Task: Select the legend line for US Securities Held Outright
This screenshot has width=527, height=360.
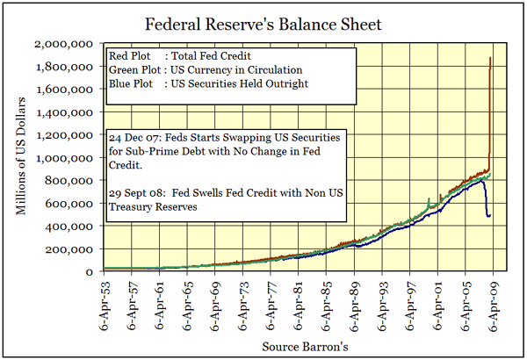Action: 207,85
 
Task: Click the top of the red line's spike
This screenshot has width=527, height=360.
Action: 490,59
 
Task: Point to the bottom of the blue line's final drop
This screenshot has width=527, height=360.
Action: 488,216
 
